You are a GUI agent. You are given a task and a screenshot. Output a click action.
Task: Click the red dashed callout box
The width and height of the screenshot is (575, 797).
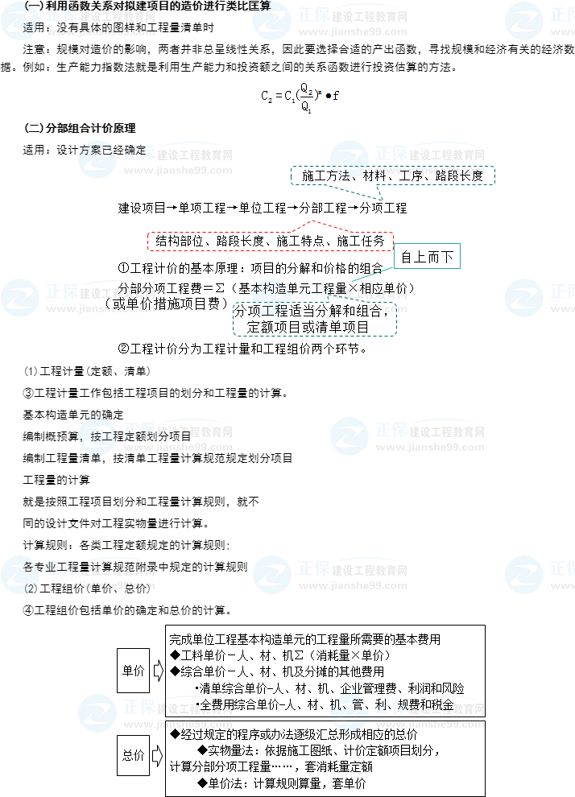[x=270, y=242]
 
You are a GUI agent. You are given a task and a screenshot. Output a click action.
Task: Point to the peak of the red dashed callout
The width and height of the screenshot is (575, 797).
[x=312, y=220]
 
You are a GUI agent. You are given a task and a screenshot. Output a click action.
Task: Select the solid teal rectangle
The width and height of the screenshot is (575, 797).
[x=427, y=255]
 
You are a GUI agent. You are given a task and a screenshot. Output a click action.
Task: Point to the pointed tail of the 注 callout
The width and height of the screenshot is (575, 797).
[x=382, y=198]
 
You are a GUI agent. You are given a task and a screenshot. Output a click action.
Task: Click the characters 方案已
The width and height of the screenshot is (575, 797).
[x=97, y=150]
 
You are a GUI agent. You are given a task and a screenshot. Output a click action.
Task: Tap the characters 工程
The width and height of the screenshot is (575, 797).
[x=269, y=310]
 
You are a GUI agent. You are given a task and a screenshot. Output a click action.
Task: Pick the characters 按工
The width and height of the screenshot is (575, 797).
[x=103, y=437]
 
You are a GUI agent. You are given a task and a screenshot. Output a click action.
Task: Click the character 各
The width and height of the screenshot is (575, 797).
[x=29, y=567]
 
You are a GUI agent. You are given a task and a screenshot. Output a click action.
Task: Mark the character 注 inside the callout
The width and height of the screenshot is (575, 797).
[x=342, y=174]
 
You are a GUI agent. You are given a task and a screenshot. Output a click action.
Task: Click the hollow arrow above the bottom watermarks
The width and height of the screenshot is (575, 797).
[x=158, y=670]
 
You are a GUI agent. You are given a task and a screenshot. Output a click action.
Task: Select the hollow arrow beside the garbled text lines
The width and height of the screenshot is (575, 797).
[x=158, y=754]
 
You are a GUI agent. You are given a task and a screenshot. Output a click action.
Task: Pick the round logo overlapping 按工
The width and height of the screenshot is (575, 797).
[x=97, y=436]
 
